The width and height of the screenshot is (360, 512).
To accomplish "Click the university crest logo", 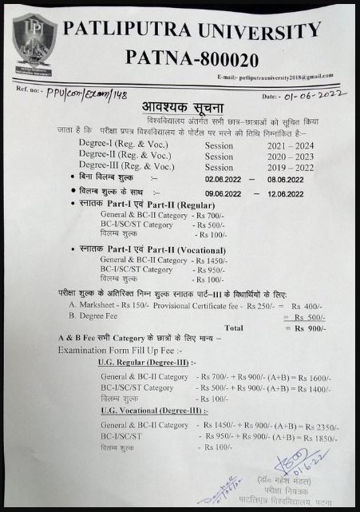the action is pyautogui.click(x=34, y=46).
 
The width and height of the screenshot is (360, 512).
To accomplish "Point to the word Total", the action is pyautogui.click(x=234, y=327).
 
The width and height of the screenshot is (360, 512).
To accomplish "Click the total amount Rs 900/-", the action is pyautogui.click(x=309, y=328).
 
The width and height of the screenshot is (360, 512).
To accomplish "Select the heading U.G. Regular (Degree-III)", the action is pyautogui.click(x=143, y=363).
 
